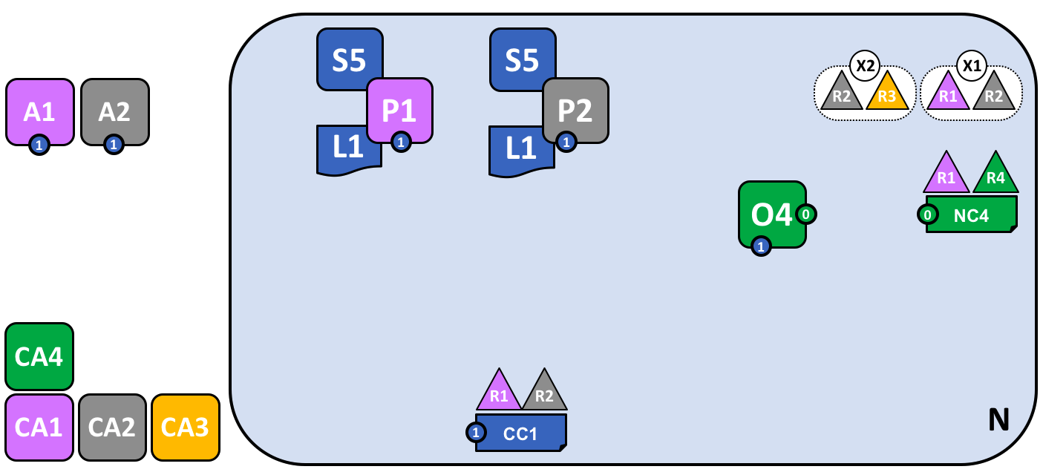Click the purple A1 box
pyautogui.click(x=40, y=111)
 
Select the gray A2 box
pyautogui.click(x=114, y=111)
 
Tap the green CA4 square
pyautogui.click(x=39, y=356)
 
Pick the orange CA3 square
pyautogui.click(x=186, y=427)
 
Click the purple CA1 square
pyautogui.click(x=39, y=427)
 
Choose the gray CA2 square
pyautogui.click(x=112, y=427)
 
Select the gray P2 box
pyautogui.click(x=575, y=109)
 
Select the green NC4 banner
pyautogui.click(x=971, y=216)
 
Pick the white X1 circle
pyautogui.click(x=971, y=65)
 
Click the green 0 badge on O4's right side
pyautogui.click(x=806, y=214)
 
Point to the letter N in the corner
pyautogui.click(x=998, y=421)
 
